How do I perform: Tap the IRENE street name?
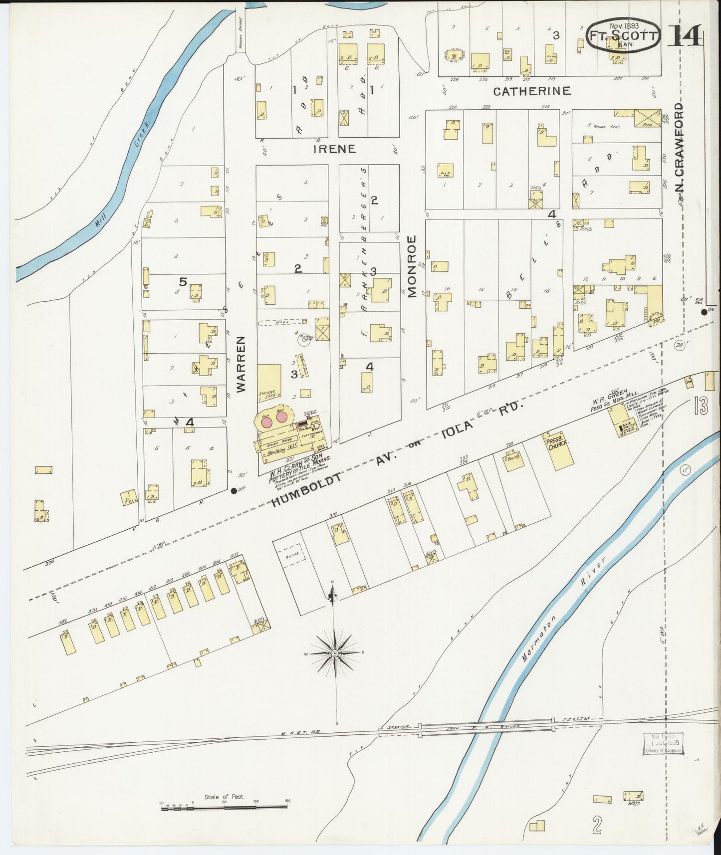click(334, 149)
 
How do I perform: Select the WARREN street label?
click(241, 364)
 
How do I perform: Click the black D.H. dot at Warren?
click(234, 490)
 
